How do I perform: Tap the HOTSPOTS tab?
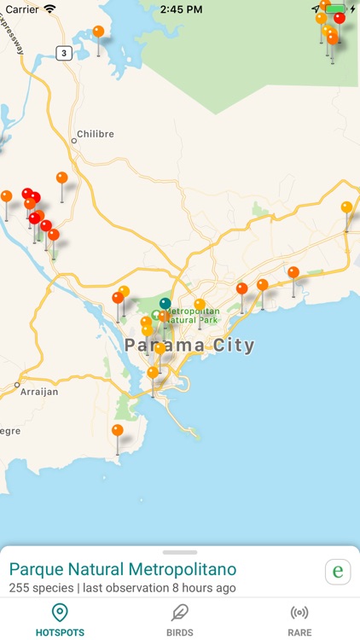coord(59,620)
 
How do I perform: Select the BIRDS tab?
coord(179,620)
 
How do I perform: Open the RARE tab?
coord(299,620)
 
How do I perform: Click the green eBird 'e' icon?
coord(338,571)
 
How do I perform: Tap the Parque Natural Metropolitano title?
coord(123,569)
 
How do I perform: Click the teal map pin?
coord(165,304)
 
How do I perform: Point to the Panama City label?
coord(189,346)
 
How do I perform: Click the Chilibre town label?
coord(94,134)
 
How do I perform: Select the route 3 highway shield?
coord(64,53)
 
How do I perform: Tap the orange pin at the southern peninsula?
coord(117,431)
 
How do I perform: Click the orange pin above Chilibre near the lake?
coord(98,32)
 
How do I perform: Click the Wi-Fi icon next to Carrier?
coord(50,9)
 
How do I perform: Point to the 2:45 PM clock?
coord(179,9)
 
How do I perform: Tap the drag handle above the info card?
coord(180,553)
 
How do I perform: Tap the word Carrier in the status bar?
coord(22,9)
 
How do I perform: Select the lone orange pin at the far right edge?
coord(346,207)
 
